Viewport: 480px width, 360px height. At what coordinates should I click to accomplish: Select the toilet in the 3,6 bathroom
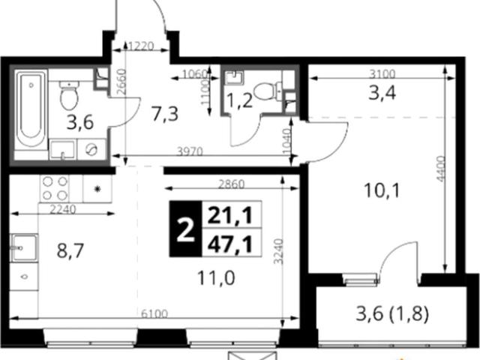tap(69, 95)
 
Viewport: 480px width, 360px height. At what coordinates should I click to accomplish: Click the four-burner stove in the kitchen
tap(55, 188)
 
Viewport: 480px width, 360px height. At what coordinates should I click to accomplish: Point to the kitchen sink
tap(24, 248)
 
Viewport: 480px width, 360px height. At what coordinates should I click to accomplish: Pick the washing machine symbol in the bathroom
tap(91, 149)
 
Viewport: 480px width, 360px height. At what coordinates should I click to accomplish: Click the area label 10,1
tap(382, 190)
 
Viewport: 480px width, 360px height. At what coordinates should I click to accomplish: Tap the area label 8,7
tap(70, 250)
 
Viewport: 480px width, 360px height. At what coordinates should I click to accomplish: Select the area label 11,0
tap(216, 278)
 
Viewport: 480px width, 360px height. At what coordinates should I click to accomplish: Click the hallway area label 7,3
tap(165, 114)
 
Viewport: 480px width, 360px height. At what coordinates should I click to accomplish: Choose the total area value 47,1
tap(230, 245)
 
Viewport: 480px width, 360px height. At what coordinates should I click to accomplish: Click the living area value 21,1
tap(230, 215)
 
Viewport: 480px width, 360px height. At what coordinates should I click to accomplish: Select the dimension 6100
tap(154, 314)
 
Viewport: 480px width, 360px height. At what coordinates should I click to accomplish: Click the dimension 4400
tap(440, 169)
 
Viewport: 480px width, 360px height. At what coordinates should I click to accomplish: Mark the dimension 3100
tap(382, 73)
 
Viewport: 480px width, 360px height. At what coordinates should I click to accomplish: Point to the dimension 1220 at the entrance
tap(141, 46)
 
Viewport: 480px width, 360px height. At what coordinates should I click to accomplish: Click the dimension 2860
tap(232, 184)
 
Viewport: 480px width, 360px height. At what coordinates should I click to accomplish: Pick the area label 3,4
tap(382, 93)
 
